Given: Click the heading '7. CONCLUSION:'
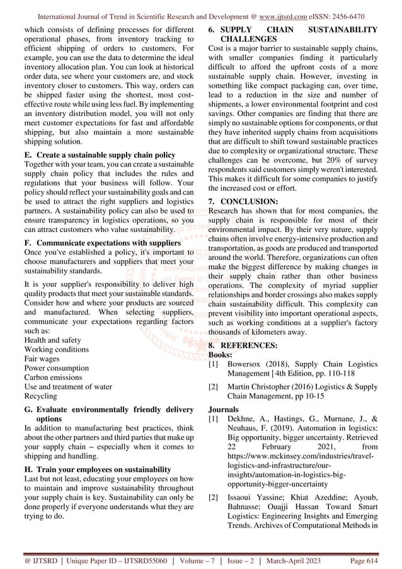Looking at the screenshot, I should click(243, 201).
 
